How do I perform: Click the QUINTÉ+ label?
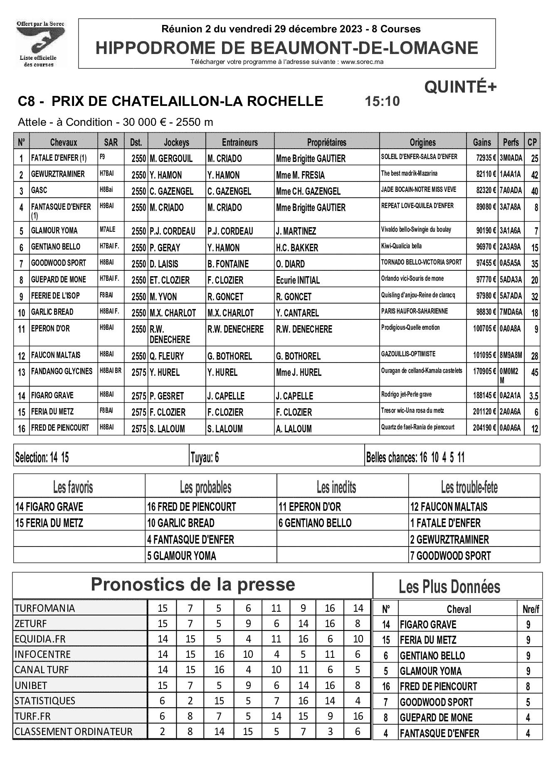click(460, 87)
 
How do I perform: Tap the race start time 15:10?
click(382, 101)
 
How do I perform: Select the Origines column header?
click(422, 142)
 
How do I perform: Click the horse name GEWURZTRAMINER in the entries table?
click(58, 174)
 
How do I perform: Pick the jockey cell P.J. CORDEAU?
click(172, 231)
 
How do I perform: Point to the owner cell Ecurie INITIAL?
click(298, 280)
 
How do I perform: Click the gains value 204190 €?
click(484, 428)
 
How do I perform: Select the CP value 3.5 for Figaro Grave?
click(533, 396)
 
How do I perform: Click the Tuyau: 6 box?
click(205, 458)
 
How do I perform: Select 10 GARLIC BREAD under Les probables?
click(180, 523)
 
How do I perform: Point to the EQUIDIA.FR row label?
click(40, 639)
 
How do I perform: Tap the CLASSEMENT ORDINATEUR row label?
click(73, 731)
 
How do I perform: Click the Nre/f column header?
click(530, 609)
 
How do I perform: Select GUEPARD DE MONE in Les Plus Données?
click(436, 718)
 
